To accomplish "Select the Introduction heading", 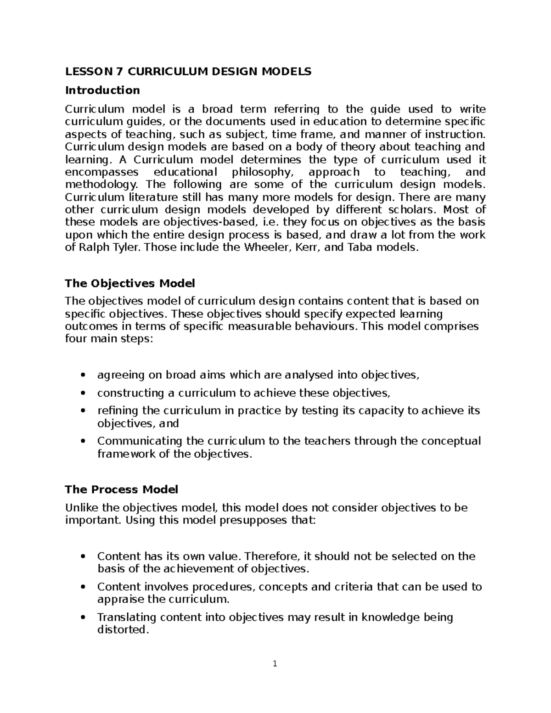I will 102,90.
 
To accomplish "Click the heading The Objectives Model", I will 130,283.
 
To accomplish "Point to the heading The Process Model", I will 121,489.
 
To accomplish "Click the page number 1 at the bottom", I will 275,663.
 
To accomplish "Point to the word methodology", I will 101,185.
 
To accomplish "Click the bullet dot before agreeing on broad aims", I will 83,376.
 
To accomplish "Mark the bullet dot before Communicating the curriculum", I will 83,442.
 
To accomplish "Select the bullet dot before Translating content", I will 83,618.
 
